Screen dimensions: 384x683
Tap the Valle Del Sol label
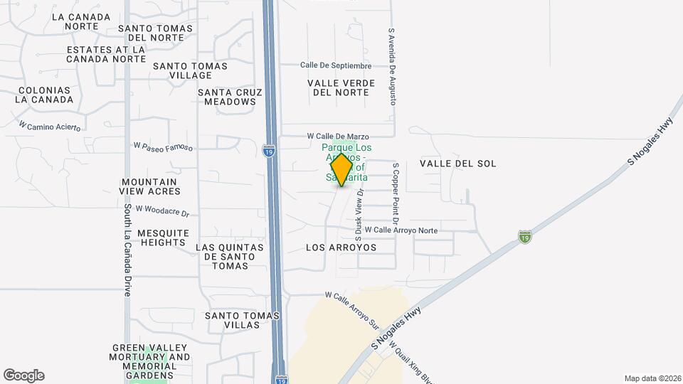(457, 164)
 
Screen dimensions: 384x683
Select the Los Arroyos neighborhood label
(341, 248)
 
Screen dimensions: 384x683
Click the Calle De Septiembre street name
(336, 65)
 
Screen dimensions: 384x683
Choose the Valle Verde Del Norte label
(341, 87)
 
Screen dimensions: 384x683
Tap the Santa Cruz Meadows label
(230, 97)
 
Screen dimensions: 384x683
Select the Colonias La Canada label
(46, 95)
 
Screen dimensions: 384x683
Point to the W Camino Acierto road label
(50, 126)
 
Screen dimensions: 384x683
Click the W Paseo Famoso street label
(163, 146)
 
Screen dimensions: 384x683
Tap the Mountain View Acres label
(150, 186)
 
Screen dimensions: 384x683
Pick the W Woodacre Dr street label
(162, 210)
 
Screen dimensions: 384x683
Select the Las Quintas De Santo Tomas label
(230, 257)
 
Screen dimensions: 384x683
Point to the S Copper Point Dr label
(396, 190)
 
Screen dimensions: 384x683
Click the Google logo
(23, 375)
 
